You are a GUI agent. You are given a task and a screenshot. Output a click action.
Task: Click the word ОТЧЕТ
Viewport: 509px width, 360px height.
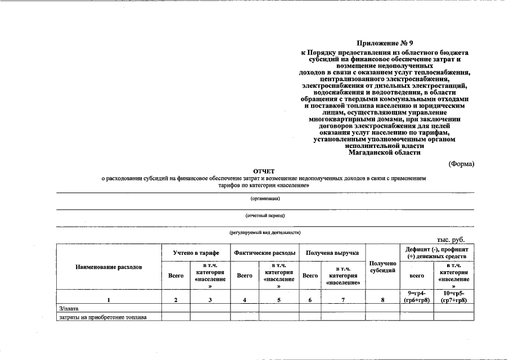pyautogui.click(x=264, y=170)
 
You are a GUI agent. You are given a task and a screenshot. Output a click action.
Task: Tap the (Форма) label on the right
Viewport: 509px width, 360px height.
pyautogui.click(x=461, y=164)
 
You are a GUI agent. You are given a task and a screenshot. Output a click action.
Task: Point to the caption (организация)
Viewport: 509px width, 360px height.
pyautogui.click(x=265, y=198)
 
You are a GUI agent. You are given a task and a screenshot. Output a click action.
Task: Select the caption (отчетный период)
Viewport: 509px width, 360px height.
pyautogui.click(x=265, y=215)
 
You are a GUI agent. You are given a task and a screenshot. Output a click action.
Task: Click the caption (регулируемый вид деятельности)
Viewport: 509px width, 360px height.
pyautogui.click(x=265, y=232)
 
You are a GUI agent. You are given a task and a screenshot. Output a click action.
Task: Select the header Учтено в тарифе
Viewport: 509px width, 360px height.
pyautogui.click(x=195, y=253)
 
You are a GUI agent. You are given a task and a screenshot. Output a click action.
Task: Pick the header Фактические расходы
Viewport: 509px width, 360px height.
pyautogui.click(x=264, y=253)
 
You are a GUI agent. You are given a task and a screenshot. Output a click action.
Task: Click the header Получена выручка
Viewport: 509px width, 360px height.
pyautogui.click(x=332, y=253)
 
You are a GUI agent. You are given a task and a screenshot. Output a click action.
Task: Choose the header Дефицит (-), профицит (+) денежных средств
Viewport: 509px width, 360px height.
pyautogui.click(x=436, y=253)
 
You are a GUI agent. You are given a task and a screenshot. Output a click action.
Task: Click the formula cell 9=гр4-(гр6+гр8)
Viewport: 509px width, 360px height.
pyautogui.click(x=417, y=297)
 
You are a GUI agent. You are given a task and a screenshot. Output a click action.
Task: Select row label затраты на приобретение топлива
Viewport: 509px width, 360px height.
pyautogui.click(x=103, y=317)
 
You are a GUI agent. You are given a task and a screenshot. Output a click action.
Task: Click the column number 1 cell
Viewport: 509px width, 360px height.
pyautogui.click(x=109, y=300)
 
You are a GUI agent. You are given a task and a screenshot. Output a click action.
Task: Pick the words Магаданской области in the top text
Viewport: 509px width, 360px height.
pyautogui.click(x=384, y=152)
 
